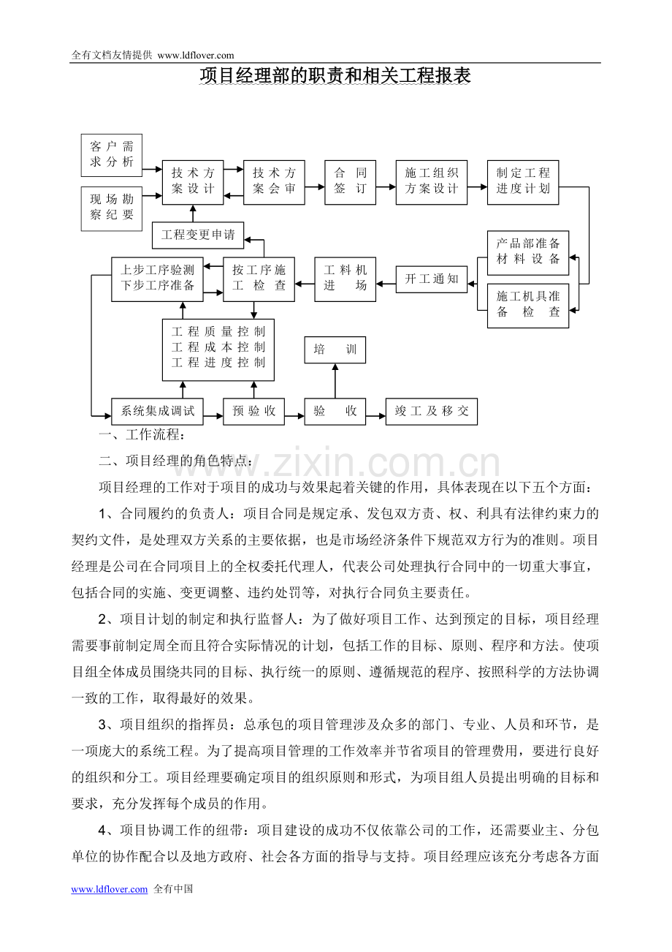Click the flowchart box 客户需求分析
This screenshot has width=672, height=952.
(112, 154)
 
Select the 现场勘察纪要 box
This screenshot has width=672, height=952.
(112, 208)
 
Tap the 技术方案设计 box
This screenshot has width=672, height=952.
(193, 181)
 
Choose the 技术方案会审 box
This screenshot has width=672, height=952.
(274, 181)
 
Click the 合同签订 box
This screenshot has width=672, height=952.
(351, 181)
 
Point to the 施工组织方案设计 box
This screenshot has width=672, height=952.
(432, 181)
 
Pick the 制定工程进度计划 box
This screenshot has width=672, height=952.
(523, 181)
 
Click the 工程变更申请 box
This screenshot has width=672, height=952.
(198, 235)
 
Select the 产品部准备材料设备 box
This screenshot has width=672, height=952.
(528, 252)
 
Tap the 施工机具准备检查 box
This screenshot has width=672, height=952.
(528, 305)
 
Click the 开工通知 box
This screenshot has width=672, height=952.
(432, 279)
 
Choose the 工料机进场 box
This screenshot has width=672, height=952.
(345, 279)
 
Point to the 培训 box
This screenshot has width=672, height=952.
(335, 350)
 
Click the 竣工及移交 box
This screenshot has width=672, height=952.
(432, 412)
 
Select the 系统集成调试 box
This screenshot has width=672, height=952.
(157, 412)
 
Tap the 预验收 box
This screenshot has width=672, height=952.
(253, 412)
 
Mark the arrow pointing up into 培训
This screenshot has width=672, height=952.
(335, 380)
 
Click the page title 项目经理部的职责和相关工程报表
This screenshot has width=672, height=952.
(335, 76)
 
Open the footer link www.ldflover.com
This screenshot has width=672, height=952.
(110, 890)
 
